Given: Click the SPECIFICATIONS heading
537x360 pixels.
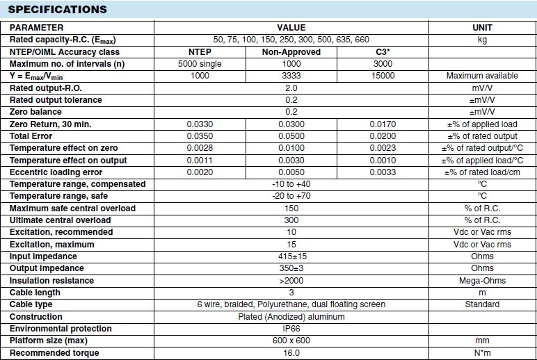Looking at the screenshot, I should tap(58, 10).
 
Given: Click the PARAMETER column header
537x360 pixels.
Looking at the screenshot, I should tap(36, 27).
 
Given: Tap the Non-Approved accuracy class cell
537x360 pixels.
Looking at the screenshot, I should tap(291, 52).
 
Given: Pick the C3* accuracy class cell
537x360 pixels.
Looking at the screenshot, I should tap(384, 52).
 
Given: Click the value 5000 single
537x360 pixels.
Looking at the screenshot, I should tap(199, 64).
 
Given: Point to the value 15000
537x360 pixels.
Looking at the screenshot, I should tap(384, 76).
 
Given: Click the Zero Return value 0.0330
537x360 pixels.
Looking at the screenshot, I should tap(199, 124).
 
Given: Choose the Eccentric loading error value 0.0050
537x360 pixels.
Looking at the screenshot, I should tap(291, 172).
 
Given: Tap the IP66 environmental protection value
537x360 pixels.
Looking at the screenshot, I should tap(291, 329).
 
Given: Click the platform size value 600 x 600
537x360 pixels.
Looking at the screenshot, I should tap(291, 341).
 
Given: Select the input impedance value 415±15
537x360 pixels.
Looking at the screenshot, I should tap(291, 256).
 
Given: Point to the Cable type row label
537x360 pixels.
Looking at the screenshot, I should tap(31, 304).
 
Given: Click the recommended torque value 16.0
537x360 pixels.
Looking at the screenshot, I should tap(291, 353).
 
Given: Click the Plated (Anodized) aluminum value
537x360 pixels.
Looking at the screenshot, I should tap(291, 317).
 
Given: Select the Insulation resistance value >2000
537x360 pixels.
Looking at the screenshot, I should tap(291, 281).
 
